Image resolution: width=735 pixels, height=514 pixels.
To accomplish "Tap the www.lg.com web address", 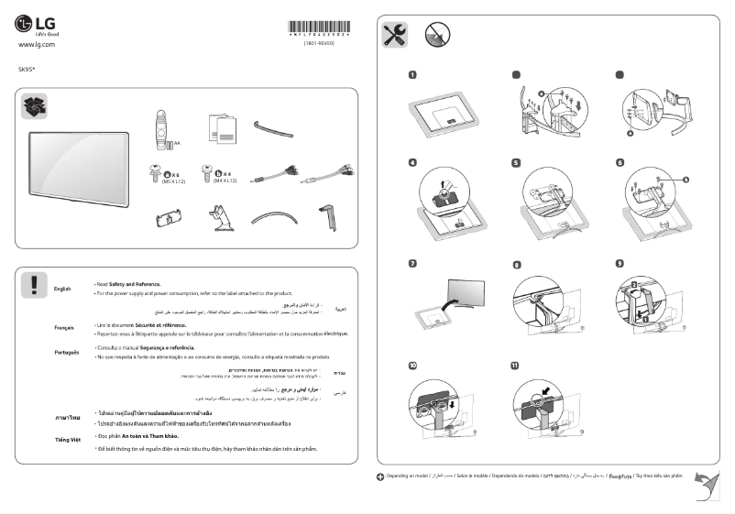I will (x=38, y=44).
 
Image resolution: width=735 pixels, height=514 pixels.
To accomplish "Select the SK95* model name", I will (x=27, y=69).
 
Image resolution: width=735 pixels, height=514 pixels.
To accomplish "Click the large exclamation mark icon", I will (x=34, y=285).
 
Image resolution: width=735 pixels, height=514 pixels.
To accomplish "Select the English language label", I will (x=62, y=289).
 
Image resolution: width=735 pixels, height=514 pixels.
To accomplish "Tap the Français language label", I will (x=63, y=327).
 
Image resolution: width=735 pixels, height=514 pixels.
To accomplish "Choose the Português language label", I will (x=65, y=352).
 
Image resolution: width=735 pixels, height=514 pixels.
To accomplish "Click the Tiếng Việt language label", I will (x=67, y=440).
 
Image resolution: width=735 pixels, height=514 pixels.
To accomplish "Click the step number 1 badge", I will (x=413, y=74).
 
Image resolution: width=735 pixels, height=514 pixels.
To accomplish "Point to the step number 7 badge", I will (x=413, y=264).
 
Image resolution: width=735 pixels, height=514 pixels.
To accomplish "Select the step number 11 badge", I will (x=515, y=365).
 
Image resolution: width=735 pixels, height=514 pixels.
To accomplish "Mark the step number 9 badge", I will (x=620, y=264).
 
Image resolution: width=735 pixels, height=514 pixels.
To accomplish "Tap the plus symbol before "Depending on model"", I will (x=381, y=477).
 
